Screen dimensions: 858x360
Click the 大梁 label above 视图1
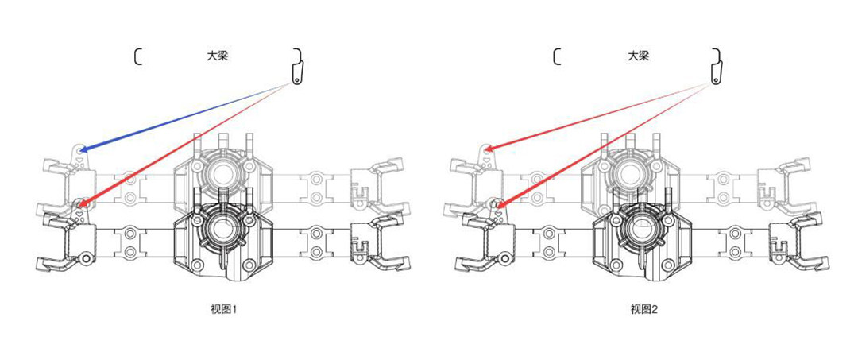217,56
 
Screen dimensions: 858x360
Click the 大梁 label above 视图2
637,56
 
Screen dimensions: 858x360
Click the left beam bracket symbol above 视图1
137,57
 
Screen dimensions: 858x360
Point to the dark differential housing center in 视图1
222,230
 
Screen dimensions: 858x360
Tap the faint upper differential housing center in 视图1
222,172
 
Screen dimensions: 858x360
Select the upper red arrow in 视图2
599,117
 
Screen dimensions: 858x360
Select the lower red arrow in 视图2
605,145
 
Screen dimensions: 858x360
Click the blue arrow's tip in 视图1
80,150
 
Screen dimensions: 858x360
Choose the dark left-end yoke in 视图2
486,242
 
